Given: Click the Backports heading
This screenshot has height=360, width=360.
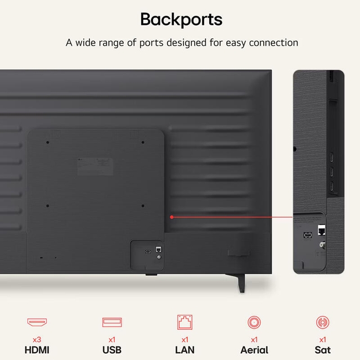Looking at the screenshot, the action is (x=181, y=20).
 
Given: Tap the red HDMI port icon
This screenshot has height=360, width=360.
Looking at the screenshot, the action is (x=37, y=322).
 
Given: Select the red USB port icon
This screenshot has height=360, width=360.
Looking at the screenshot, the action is (x=112, y=322).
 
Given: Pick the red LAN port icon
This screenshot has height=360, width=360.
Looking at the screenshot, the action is (x=185, y=322).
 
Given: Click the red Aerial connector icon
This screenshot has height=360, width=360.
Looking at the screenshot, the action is (x=254, y=322).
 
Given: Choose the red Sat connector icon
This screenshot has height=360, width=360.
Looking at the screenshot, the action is (x=322, y=322).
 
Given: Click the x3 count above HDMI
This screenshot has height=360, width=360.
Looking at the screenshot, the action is (x=37, y=340).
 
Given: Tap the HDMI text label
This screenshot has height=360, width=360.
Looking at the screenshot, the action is (x=37, y=350).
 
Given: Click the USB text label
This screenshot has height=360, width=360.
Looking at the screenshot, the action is (x=112, y=350).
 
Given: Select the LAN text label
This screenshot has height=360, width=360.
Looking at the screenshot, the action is (x=185, y=350).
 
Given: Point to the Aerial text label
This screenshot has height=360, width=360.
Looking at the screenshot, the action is (x=254, y=350).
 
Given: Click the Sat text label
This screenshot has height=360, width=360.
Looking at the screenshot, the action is (x=322, y=350).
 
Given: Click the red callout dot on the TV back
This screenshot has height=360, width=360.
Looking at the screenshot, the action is (x=172, y=217).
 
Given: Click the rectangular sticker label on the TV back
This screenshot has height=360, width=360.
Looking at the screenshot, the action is (x=95, y=166).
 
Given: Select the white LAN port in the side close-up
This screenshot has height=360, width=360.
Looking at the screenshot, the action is (x=322, y=230).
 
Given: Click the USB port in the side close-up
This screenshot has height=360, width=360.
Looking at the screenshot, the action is (x=308, y=235).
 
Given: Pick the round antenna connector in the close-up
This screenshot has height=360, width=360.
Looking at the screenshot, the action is (x=322, y=245).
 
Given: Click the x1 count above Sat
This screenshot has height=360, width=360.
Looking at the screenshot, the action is (x=322, y=340).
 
